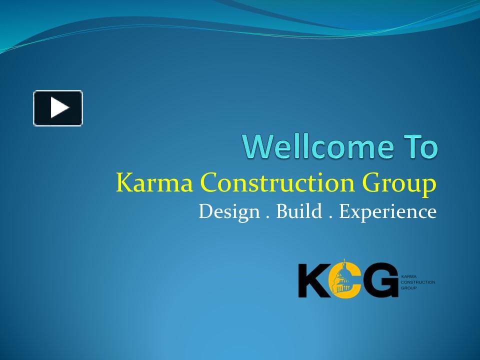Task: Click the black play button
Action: tap(58, 108)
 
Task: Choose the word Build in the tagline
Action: tap(299, 211)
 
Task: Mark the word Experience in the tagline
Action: tap(388, 212)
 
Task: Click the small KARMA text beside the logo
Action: tap(409, 276)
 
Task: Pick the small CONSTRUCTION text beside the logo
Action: tap(418, 282)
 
